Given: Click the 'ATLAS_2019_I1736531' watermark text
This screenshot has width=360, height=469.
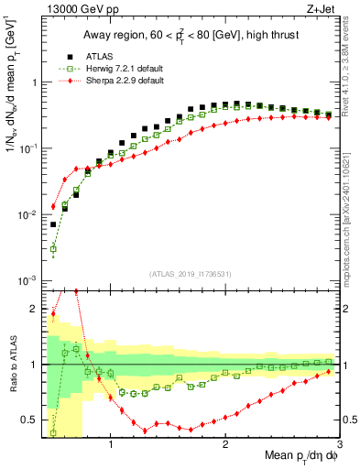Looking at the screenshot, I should point(189,274).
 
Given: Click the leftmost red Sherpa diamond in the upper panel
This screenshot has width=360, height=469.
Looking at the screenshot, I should point(53,206).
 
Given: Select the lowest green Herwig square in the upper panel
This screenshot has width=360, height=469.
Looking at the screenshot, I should point(53,248).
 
